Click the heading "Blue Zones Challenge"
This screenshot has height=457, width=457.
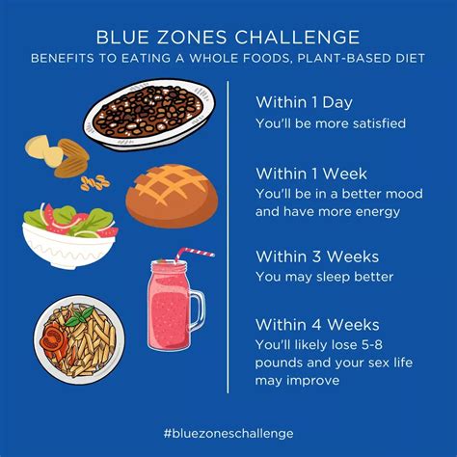click(228, 37)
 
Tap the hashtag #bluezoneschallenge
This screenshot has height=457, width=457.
click(228, 434)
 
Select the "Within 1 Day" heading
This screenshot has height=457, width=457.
click(300, 100)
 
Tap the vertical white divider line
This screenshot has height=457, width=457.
click(228, 241)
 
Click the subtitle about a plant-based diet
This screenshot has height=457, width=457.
click(228, 58)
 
